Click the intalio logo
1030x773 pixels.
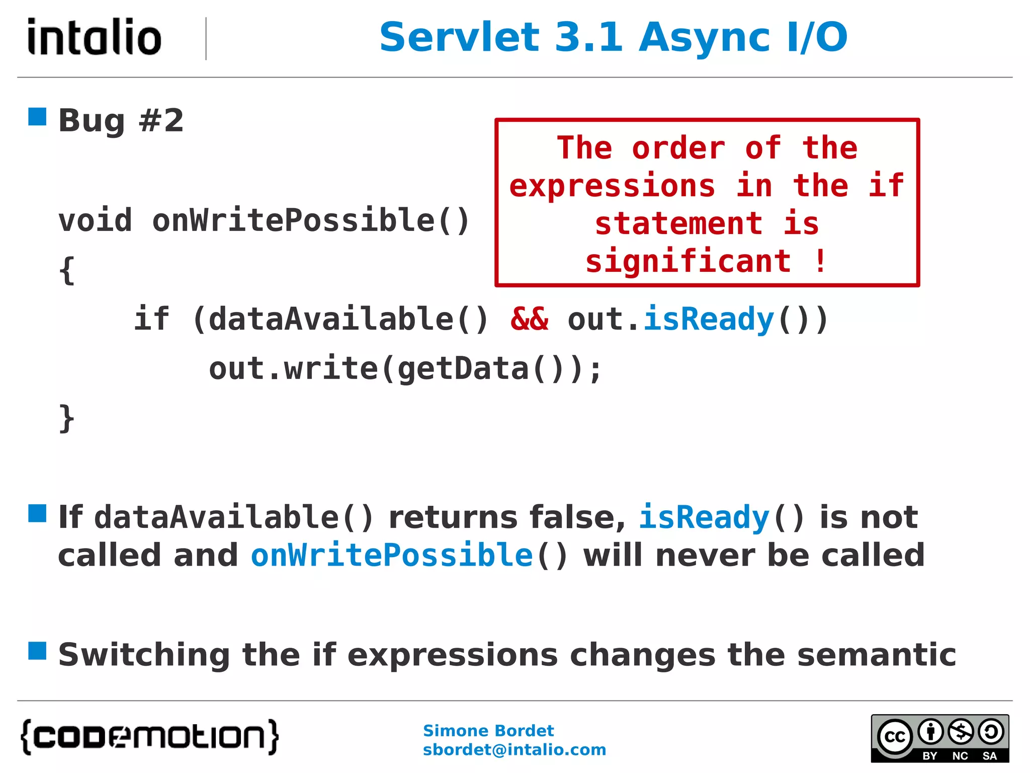(94, 37)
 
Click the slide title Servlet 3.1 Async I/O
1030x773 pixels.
(613, 37)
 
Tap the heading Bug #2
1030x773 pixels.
(121, 121)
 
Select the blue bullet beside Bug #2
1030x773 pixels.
(37, 117)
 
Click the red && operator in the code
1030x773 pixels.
(529, 319)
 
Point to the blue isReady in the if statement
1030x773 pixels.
(708, 319)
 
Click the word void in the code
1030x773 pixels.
(95, 220)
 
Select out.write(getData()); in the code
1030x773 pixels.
(405, 368)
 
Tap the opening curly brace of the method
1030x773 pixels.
(67, 270)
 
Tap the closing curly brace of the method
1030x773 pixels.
(67, 418)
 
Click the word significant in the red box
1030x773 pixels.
(688, 262)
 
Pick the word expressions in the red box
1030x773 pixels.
(612, 186)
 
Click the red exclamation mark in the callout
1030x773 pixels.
(820, 261)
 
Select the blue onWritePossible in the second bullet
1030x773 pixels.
(392, 555)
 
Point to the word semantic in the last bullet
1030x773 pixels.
(877, 655)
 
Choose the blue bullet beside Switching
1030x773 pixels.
(37, 650)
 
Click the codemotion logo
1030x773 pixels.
(149, 737)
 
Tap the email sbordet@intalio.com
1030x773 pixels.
(514, 750)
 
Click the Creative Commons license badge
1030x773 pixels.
(939, 738)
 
